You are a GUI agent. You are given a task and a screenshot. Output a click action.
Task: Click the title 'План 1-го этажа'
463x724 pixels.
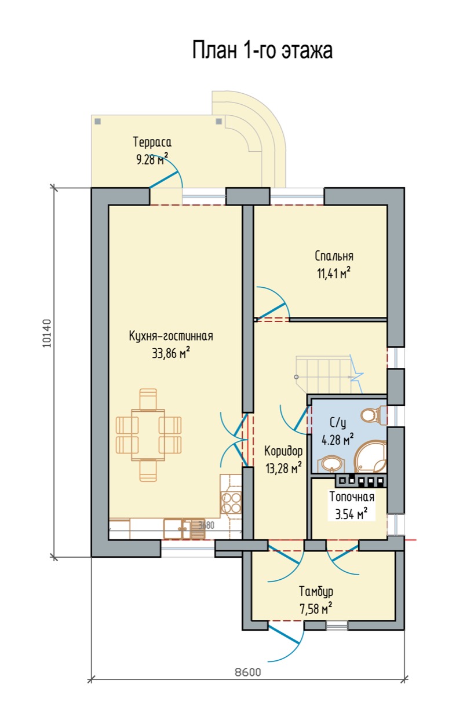(x=263, y=50)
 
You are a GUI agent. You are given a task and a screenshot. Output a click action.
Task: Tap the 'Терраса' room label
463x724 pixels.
(x=152, y=142)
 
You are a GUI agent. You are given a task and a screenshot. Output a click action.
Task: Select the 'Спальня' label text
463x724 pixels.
(x=334, y=255)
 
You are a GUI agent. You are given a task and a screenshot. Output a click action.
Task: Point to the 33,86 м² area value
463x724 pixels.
(x=171, y=353)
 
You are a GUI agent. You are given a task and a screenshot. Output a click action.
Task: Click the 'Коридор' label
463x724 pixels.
(x=283, y=451)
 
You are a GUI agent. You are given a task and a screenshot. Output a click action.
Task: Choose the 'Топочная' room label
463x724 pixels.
(x=352, y=496)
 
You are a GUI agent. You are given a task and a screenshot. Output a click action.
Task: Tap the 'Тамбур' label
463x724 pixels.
(x=316, y=591)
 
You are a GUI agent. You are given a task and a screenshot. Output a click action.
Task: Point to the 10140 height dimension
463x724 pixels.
(x=47, y=333)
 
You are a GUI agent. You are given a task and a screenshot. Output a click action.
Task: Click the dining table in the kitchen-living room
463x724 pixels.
(x=148, y=435)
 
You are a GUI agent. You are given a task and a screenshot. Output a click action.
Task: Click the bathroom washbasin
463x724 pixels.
(x=329, y=465)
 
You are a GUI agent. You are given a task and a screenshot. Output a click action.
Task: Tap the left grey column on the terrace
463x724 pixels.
(x=98, y=122)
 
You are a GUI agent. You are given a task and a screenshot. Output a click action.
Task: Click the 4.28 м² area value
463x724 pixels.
(x=337, y=440)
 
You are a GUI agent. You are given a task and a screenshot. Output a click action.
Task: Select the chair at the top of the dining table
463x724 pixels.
(x=148, y=399)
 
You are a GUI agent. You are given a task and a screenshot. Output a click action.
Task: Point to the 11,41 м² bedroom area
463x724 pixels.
(x=334, y=273)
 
